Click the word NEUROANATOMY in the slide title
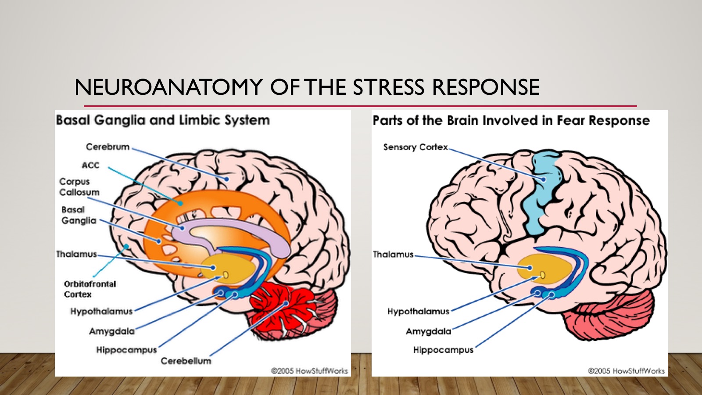168,87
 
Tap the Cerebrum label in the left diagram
107,147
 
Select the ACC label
90,165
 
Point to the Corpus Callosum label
79,187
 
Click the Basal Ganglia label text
79,215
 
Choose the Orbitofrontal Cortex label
90,289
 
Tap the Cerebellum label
186,361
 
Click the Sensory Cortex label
415,147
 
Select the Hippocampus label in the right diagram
443,350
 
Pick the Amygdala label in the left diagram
112,331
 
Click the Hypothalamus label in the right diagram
419,312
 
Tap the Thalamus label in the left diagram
76,254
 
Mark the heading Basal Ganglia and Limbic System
163,120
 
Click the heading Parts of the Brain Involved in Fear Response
511,120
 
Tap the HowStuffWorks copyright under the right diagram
626,371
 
